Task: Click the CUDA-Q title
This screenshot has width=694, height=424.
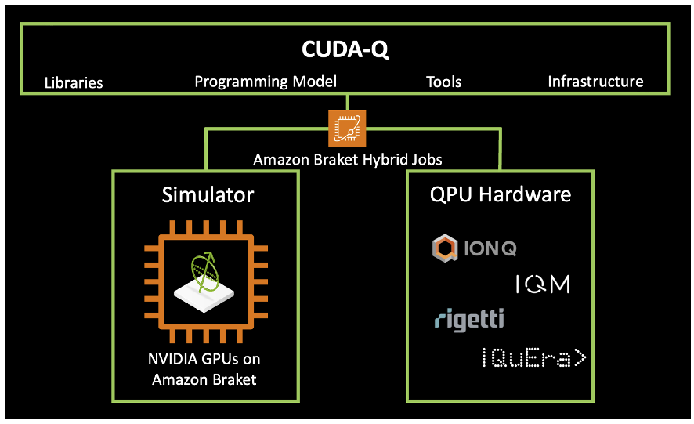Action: point(345,51)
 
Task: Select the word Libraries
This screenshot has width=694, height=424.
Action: point(74,82)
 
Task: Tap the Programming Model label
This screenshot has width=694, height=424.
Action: point(266,82)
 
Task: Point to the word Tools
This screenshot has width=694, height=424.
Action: point(443,82)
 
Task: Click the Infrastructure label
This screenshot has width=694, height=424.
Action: point(595,82)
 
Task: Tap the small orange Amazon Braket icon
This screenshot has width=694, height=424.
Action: point(347,127)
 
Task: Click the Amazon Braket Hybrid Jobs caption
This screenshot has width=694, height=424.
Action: point(348,160)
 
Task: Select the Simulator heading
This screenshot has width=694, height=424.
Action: point(208,194)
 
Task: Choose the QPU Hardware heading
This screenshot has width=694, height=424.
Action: point(501,194)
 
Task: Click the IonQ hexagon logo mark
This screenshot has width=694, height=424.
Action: point(444,249)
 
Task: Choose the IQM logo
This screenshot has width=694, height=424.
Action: point(542,284)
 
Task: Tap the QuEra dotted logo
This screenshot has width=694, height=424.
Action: point(533,358)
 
